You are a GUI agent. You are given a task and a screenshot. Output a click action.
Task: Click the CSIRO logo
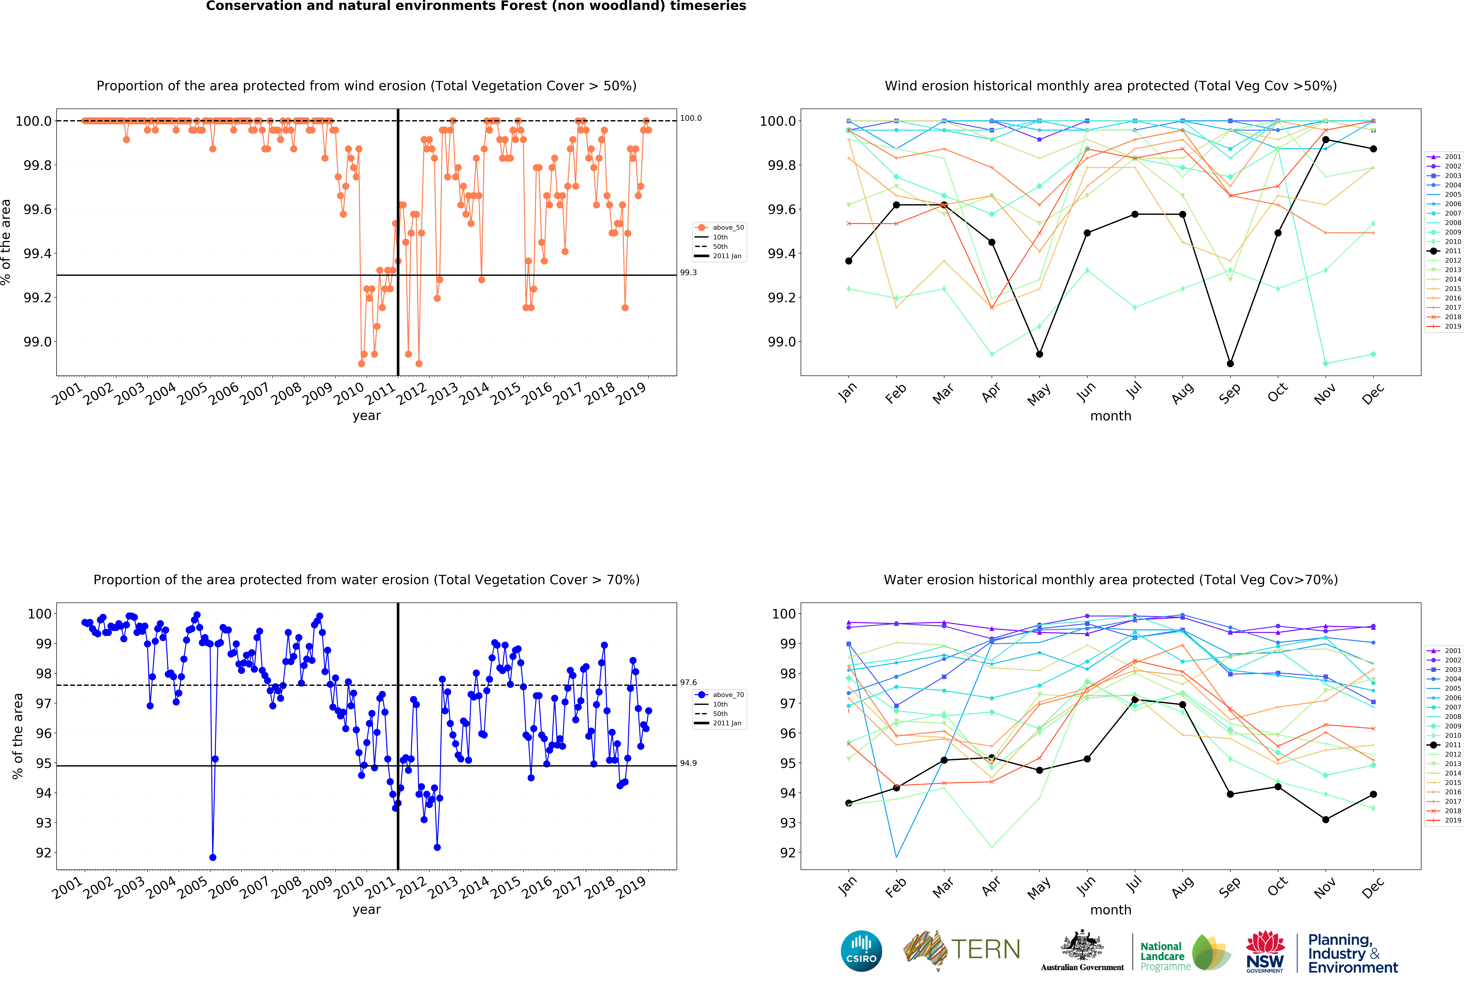tap(861, 951)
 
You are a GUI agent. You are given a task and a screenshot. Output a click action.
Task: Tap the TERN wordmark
tap(985, 949)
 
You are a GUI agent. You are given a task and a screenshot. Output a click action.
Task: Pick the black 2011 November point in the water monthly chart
tap(1325, 820)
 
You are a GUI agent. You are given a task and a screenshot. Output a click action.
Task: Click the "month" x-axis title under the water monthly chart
tap(1111, 910)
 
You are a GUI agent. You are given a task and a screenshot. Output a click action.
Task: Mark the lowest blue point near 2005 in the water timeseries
tap(213, 857)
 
